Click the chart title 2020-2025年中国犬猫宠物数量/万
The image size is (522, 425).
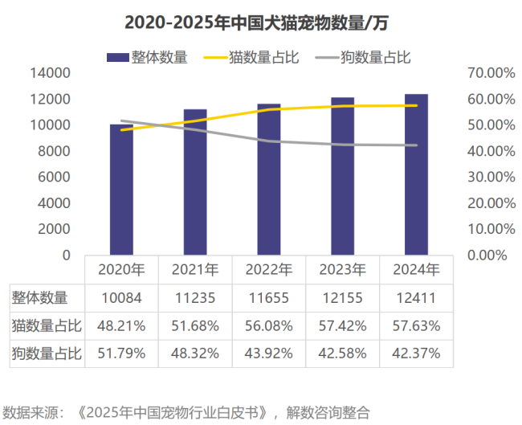coord(261,20)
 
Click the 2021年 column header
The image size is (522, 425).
coord(195,269)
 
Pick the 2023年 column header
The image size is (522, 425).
coord(342,269)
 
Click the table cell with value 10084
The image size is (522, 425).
coord(121,298)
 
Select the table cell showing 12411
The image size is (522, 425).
coord(416,298)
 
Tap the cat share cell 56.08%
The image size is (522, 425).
coord(269,325)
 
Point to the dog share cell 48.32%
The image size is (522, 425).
coord(195,352)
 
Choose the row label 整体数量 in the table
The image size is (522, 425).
coord(40,298)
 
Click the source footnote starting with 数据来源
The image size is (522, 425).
coord(187,412)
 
